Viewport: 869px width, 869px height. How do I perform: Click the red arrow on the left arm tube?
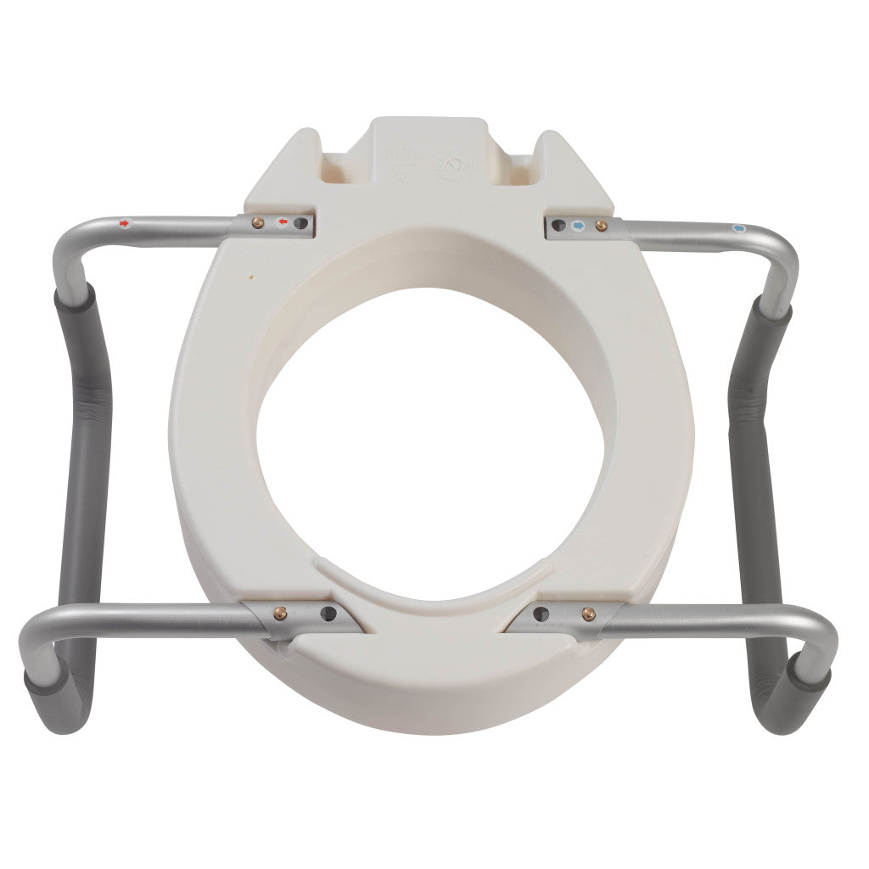(x=126, y=224)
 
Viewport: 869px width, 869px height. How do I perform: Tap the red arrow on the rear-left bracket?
(x=283, y=224)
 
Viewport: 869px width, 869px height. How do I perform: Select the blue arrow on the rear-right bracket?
(x=579, y=225)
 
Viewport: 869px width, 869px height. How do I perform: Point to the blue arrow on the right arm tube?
(x=737, y=228)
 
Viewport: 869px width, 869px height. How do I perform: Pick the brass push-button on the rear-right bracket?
(x=602, y=226)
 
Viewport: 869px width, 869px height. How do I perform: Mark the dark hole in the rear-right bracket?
(x=559, y=226)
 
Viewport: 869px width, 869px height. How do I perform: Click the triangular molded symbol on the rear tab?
(x=400, y=165)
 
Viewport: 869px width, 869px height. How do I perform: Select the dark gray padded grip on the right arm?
(x=766, y=475)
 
